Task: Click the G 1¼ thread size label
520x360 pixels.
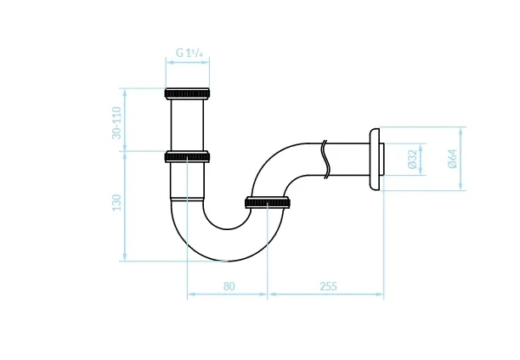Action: (189, 53)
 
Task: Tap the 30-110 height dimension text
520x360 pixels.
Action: (116, 122)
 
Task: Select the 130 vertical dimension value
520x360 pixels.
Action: (116, 202)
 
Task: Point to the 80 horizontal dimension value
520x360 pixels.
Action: (229, 286)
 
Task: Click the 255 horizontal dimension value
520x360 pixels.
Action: (328, 286)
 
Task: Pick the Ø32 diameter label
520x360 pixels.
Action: (412, 159)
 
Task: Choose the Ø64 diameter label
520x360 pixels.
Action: (453, 159)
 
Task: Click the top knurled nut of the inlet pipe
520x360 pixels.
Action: (187, 93)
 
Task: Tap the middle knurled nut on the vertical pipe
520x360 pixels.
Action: (187, 156)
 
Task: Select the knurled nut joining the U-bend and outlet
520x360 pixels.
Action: (268, 203)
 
